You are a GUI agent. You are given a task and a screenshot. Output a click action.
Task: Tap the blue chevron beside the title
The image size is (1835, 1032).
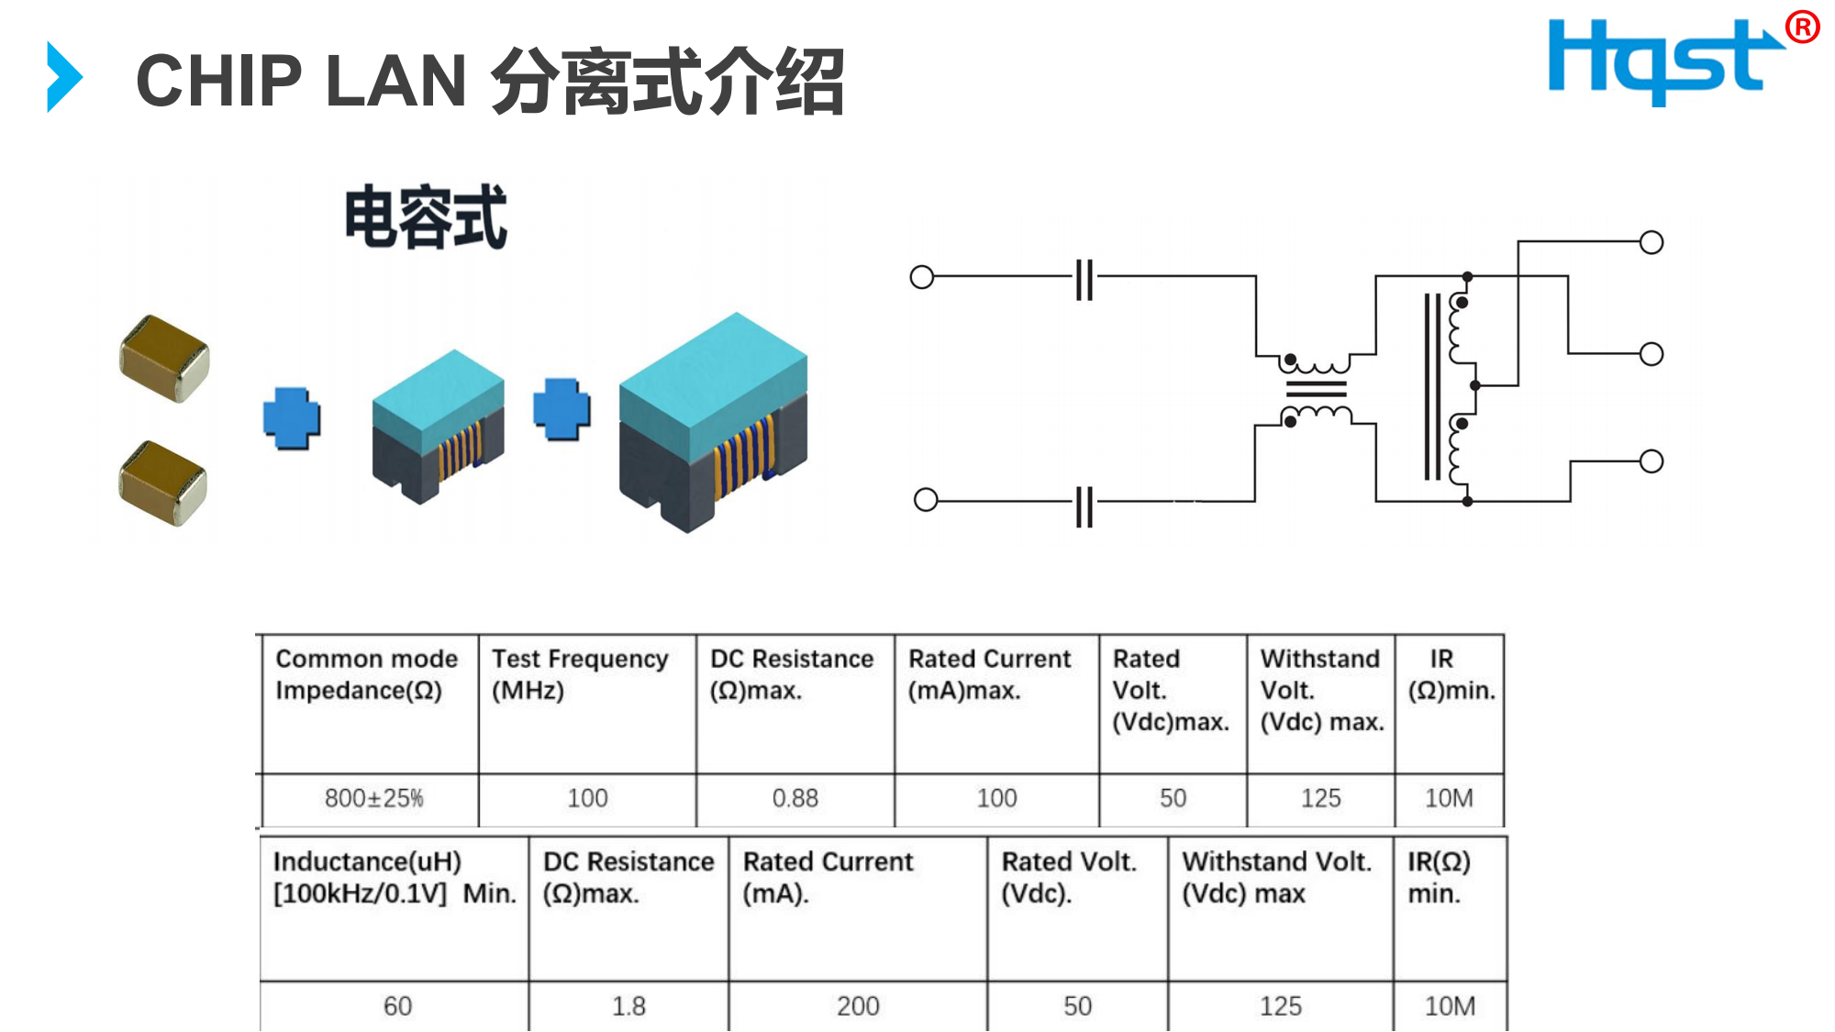click(x=64, y=77)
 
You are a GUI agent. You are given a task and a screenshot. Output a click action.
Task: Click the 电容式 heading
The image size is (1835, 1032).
click(x=426, y=217)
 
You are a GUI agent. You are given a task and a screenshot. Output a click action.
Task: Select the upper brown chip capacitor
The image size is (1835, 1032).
click(x=164, y=359)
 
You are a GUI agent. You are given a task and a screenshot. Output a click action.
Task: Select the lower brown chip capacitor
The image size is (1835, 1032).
click(x=163, y=483)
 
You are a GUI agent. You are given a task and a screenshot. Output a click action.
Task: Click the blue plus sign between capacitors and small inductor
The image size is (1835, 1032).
click(x=292, y=418)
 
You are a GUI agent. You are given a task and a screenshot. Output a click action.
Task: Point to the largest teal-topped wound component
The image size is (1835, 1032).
click(x=713, y=421)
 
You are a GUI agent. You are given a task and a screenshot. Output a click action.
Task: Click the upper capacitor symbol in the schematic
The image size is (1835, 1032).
click(x=1084, y=278)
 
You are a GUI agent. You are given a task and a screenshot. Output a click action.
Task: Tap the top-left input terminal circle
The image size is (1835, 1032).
click(x=921, y=277)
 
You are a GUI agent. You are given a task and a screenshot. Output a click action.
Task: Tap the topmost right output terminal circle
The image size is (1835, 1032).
click(x=1651, y=242)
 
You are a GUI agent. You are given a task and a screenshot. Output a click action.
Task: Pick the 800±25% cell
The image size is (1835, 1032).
click(x=373, y=798)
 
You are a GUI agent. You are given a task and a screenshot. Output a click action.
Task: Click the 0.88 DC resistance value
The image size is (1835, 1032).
click(x=795, y=798)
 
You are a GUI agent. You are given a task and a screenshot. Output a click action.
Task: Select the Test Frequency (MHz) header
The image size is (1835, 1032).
click(x=580, y=674)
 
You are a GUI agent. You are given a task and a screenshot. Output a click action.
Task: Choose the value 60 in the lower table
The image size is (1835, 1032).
click(x=397, y=1006)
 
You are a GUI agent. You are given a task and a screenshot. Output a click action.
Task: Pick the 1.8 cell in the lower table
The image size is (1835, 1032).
click(x=628, y=1006)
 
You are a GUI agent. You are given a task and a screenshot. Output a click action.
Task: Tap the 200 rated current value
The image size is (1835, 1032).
click(x=858, y=1006)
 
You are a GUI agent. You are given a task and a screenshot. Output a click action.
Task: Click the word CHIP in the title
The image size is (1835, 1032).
click(x=219, y=81)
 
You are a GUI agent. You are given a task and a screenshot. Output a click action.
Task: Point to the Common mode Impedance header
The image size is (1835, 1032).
click(x=366, y=674)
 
